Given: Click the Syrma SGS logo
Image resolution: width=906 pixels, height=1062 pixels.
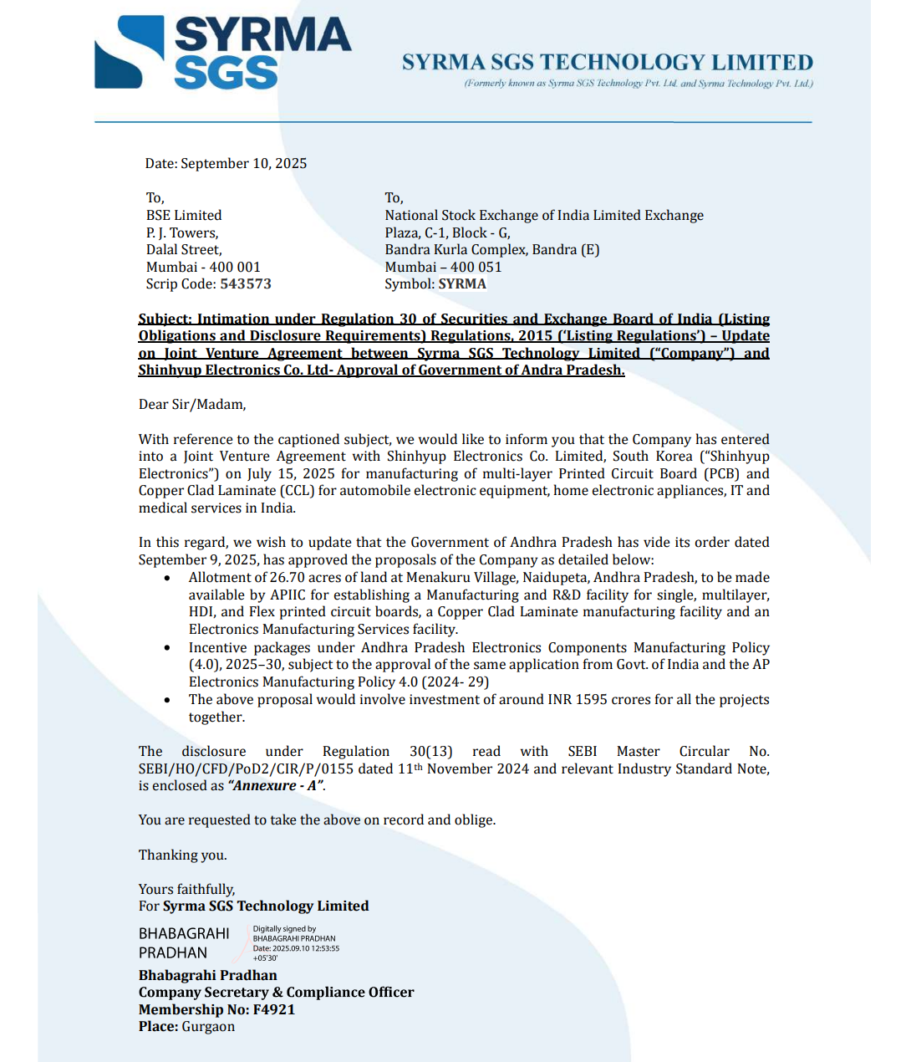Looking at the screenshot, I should [x=223, y=52].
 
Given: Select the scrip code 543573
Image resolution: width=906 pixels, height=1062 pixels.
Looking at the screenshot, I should [x=246, y=283].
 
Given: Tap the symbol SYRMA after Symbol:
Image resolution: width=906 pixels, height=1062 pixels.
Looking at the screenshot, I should [x=462, y=283].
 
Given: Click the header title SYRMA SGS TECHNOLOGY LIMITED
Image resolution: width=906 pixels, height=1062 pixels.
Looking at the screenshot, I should [x=607, y=63].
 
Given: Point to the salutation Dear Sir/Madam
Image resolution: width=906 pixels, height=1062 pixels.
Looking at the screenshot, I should [x=192, y=405].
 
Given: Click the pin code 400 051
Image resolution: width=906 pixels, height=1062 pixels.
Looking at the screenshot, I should [x=476, y=267].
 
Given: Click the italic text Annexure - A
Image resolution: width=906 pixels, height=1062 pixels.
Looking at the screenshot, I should [x=276, y=785].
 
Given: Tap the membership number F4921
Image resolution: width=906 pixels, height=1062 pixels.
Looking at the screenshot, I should [x=274, y=1009].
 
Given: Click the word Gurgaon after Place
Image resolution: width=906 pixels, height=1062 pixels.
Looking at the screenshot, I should [x=208, y=1026].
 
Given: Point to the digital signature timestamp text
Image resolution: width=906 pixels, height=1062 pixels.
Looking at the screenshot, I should [x=296, y=948].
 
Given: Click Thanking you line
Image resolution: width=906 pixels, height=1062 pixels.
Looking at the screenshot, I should [x=183, y=855].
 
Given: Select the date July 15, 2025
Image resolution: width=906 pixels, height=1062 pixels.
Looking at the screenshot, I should [x=291, y=473].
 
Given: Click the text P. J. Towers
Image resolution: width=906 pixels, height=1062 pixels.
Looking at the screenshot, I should [x=182, y=232].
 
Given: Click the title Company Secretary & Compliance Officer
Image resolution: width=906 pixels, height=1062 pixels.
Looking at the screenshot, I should [x=276, y=992].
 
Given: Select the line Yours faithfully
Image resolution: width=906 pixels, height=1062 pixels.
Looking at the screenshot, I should [x=187, y=889].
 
